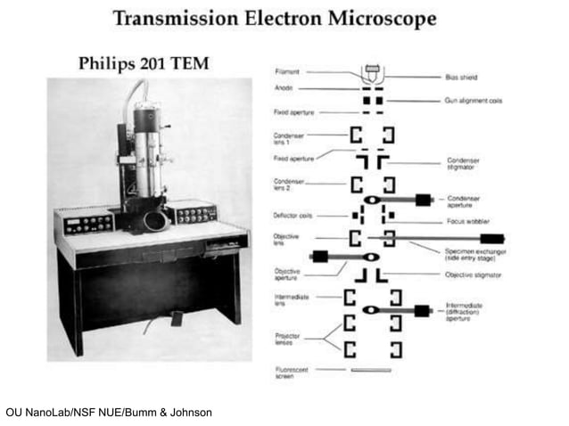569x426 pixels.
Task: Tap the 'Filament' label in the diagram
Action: tap(287, 70)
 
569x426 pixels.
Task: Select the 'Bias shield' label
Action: tap(462, 77)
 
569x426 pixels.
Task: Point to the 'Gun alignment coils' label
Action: tap(474, 101)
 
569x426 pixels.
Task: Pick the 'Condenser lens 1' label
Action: tap(288, 139)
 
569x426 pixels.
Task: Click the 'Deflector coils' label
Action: tap(292, 216)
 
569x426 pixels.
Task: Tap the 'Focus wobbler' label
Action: tap(466, 222)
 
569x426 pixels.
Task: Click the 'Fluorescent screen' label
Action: tap(289, 373)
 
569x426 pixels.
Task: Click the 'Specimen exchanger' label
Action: tap(474, 253)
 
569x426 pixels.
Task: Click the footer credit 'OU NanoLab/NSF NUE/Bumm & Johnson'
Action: tap(108, 412)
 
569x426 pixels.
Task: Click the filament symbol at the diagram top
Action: tap(372, 71)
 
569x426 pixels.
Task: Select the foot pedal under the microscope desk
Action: tap(177, 318)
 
